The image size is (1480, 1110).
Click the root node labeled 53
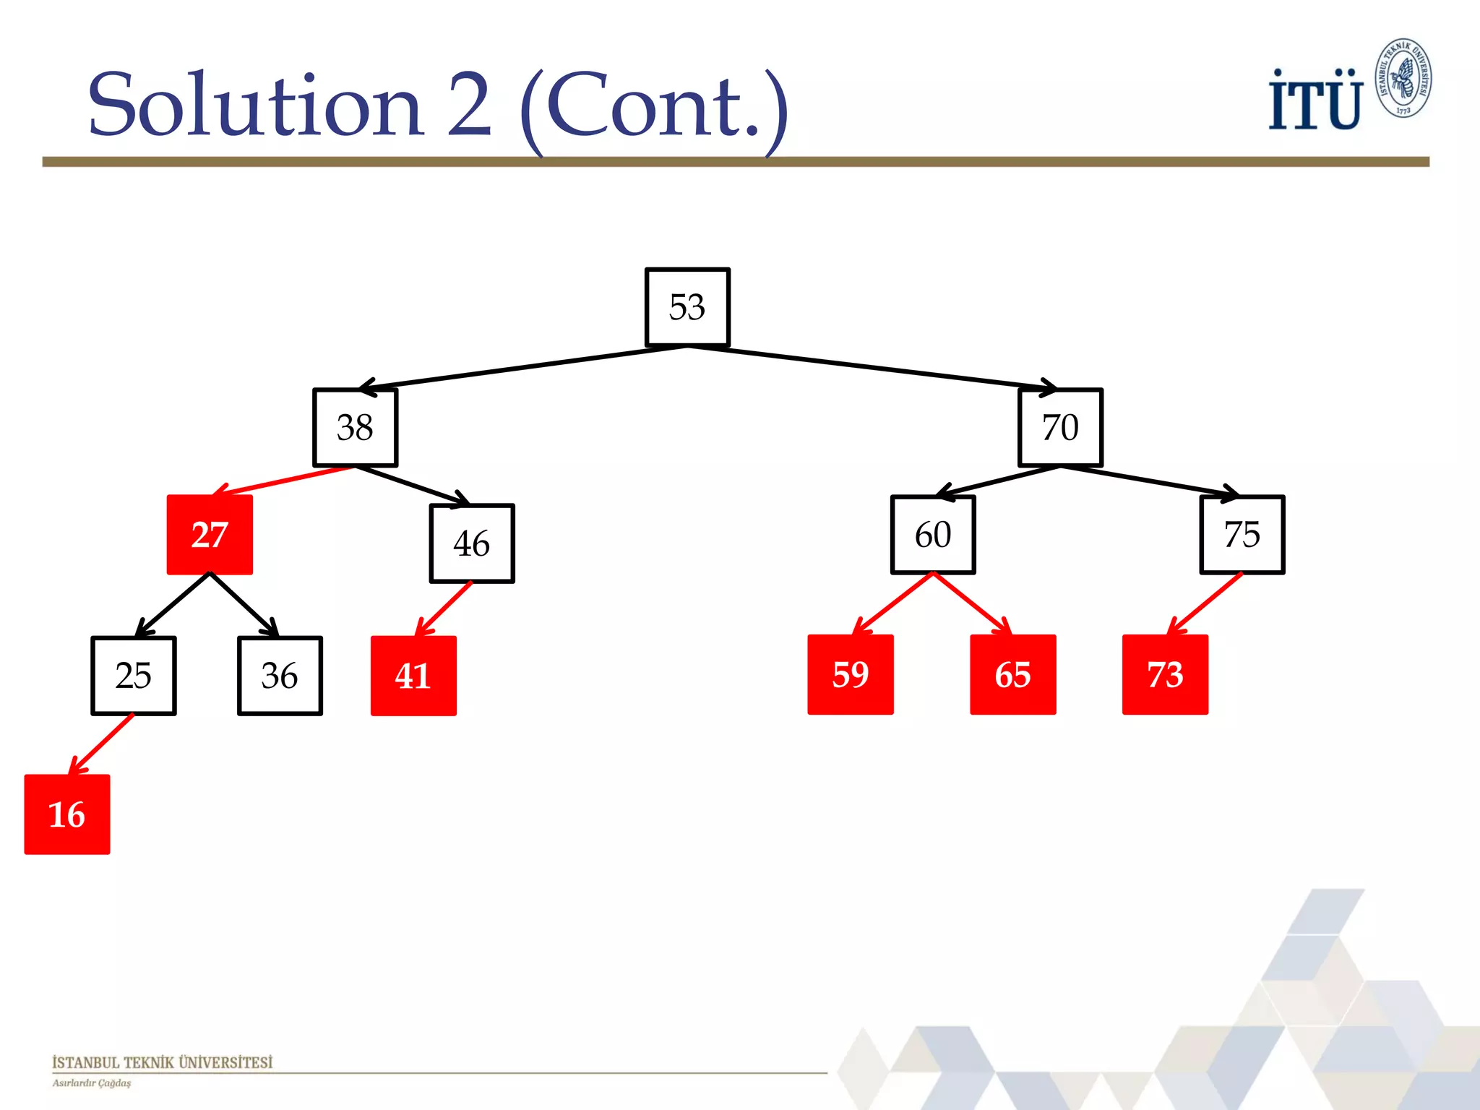click(x=687, y=307)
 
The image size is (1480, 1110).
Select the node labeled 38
click(x=355, y=428)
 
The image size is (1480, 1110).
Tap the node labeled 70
click(x=1060, y=428)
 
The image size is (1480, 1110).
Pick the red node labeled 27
click(x=210, y=535)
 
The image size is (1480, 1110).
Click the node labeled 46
click(x=472, y=543)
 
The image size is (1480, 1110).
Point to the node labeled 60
click(x=933, y=535)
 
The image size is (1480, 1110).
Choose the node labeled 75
click(x=1242, y=535)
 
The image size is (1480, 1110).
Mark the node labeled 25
click(x=134, y=676)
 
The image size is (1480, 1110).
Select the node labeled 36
click(x=280, y=676)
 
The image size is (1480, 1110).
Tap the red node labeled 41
click(x=413, y=676)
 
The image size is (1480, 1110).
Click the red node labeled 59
click(x=851, y=674)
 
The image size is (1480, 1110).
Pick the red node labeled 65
click(x=1012, y=674)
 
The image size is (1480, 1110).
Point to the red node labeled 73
click(x=1165, y=674)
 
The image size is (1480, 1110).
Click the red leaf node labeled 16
click(x=67, y=814)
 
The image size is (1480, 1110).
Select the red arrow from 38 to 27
click(x=285, y=480)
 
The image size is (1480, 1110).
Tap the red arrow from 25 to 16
click(x=101, y=744)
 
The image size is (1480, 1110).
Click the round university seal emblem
click(x=1403, y=78)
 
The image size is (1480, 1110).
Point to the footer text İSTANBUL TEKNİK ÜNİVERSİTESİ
click(x=162, y=1062)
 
